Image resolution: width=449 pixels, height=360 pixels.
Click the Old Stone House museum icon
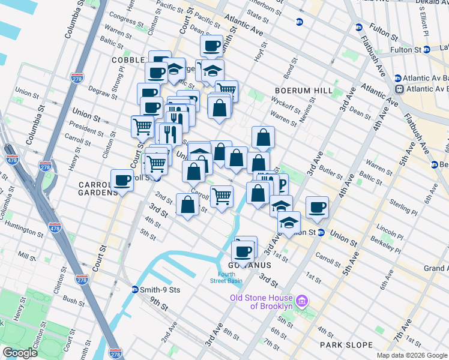(303, 299)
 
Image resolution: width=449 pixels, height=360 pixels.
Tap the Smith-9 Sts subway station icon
(135, 289)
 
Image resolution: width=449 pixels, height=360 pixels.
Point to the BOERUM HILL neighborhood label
(303, 90)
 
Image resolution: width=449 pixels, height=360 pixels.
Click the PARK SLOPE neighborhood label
(346, 345)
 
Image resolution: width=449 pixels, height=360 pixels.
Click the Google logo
(20, 353)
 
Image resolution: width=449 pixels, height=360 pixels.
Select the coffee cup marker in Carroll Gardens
(122, 179)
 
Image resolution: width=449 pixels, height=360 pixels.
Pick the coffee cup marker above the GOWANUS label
(244, 250)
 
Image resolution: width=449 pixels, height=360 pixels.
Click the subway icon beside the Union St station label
(321, 233)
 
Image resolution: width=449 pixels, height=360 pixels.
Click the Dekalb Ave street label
(432, 3)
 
